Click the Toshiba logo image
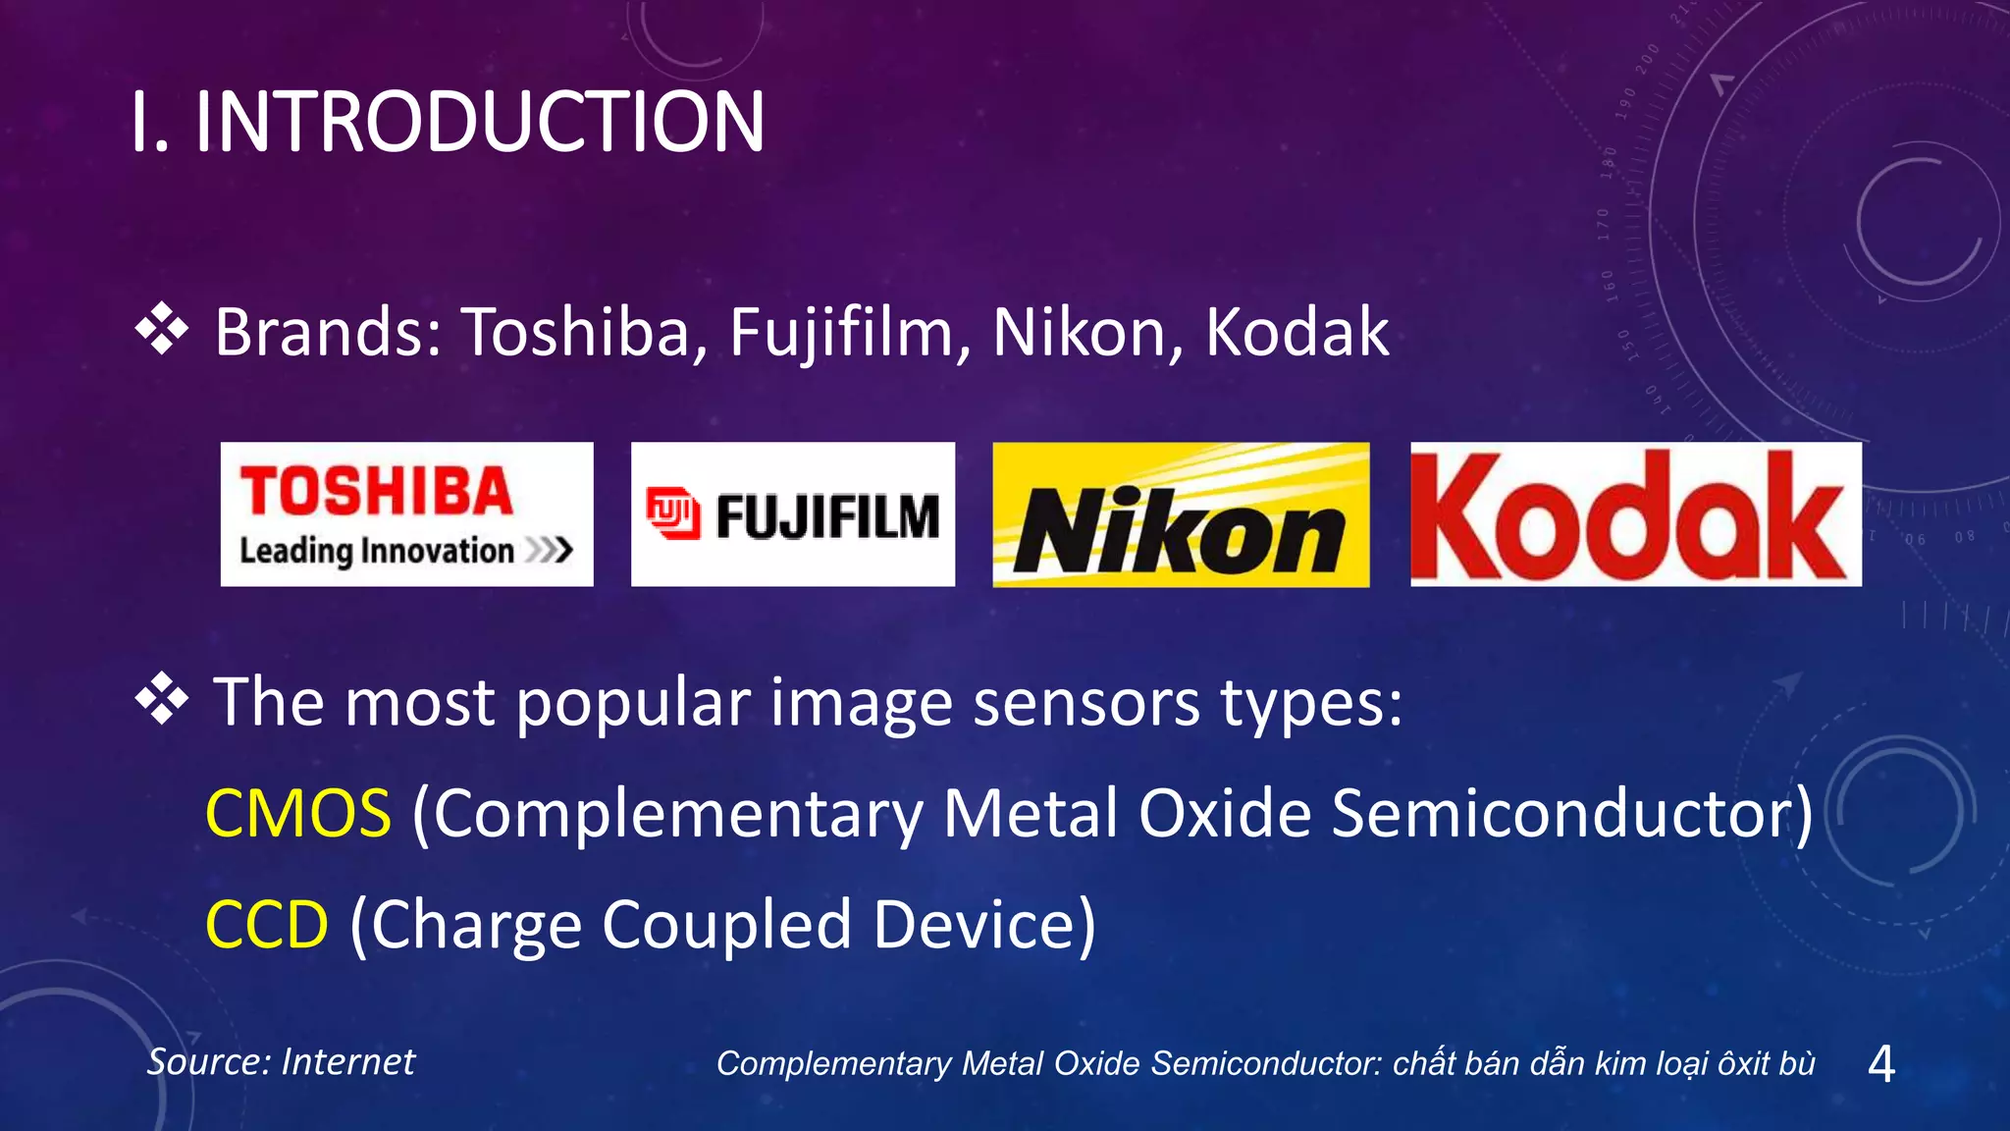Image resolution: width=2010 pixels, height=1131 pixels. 406,513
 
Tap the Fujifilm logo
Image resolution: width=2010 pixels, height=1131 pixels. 792,513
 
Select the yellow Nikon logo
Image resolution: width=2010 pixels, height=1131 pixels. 1181,514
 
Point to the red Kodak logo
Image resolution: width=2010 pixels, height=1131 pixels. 1635,514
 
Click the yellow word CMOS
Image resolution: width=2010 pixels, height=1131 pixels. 298,814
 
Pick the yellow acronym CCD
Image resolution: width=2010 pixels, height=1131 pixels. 267,925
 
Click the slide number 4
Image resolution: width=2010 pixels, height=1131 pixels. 1880,1063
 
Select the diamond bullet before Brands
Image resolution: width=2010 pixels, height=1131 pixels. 162,330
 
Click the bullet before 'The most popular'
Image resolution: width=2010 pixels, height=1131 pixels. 162,701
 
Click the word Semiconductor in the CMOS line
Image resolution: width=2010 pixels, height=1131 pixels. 1560,814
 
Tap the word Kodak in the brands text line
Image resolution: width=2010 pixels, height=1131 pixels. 1296,332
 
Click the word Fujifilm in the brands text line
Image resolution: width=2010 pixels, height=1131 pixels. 841,332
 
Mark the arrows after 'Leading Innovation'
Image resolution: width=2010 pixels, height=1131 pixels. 549,550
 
